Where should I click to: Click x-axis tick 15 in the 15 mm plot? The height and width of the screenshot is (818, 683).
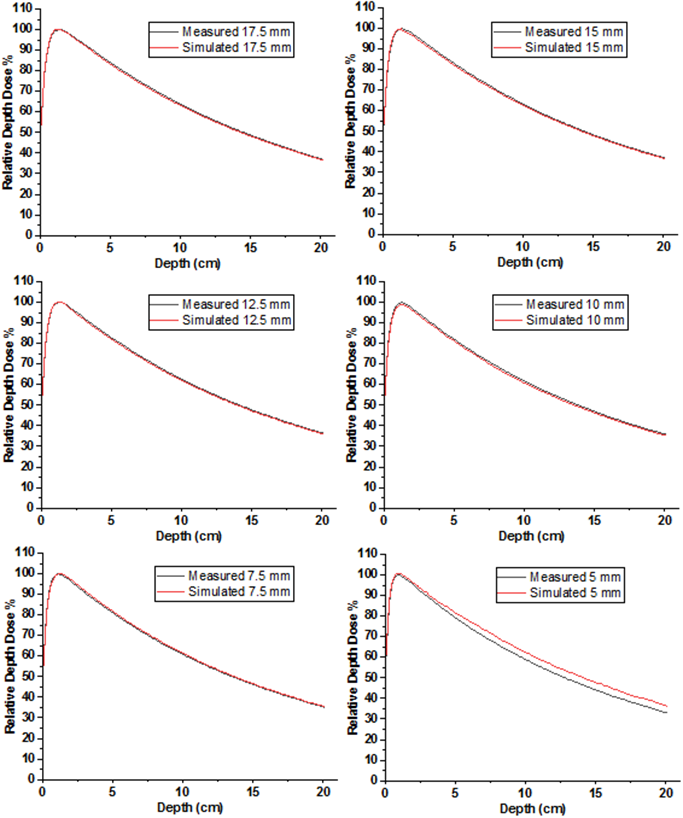[x=594, y=247]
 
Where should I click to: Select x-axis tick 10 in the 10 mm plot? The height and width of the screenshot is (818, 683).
[x=524, y=520]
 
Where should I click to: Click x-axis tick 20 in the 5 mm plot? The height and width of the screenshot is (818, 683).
[x=665, y=793]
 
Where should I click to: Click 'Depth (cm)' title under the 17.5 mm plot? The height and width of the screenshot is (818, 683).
[x=188, y=263]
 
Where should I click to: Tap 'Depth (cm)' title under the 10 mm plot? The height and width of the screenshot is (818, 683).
[x=531, y=536]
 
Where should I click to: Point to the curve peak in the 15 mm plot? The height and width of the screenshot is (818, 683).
[x=401, y=28]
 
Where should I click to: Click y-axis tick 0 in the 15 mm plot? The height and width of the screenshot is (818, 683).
[x=371, y=234]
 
